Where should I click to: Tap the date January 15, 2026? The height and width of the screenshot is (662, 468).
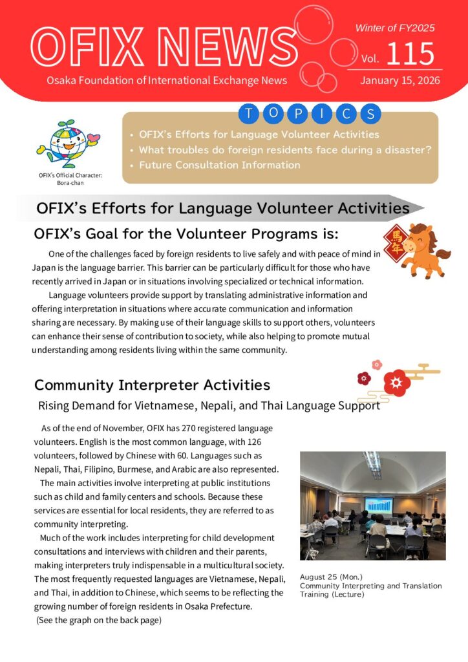(399, 81)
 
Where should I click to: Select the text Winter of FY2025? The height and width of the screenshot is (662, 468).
(394, 28)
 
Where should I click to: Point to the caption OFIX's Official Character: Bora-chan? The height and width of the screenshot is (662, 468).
(70, 179)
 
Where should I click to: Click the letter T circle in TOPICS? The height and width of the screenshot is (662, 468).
(248, 115)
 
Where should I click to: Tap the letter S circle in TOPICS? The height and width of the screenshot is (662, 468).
(370, 115)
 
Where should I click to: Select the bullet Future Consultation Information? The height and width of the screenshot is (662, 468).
(220, 165)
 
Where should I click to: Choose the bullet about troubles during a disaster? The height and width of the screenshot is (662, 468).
(284, 150)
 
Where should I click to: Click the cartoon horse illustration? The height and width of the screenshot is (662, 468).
(427, 249)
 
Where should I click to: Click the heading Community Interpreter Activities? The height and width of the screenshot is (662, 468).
(152, 385)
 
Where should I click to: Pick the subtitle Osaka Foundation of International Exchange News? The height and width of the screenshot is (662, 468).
(167, 81)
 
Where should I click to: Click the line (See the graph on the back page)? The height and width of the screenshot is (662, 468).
(98, 621)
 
